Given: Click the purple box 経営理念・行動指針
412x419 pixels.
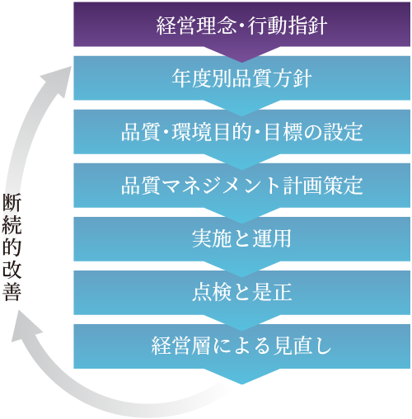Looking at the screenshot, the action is (241, 25).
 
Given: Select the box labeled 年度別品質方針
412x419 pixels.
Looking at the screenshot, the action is (241, 78).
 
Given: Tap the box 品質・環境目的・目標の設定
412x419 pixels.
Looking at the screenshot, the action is (241, 132).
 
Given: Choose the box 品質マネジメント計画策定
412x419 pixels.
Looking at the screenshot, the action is (241, 186).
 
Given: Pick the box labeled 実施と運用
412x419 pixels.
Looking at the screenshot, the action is (241, 239).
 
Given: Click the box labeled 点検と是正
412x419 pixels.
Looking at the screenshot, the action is (241, 293).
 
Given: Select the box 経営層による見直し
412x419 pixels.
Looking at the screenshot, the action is (241, 346).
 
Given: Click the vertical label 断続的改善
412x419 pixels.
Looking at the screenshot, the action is (12, 247).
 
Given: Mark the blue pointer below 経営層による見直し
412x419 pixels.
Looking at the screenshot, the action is (241, 376).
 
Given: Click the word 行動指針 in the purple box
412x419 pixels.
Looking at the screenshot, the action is (288, 26).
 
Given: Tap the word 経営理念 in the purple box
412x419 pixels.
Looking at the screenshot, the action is (196, 26).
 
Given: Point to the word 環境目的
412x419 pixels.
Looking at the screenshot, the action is (212, 132).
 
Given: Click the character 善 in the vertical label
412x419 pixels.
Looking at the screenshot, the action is (12, 291).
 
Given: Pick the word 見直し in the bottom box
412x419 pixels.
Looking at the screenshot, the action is (302, 346).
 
